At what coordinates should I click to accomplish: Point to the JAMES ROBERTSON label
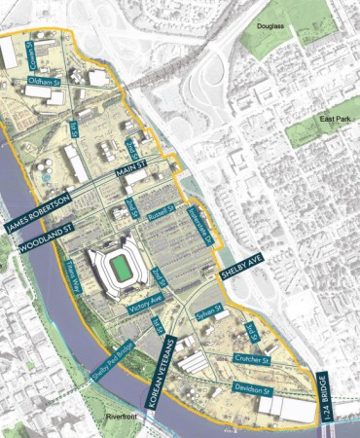pyautogui.click(x=39, y=213)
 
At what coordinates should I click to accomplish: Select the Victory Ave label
pyautogui.click(x=144, y=310)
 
